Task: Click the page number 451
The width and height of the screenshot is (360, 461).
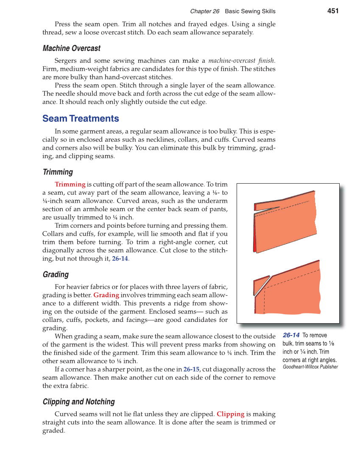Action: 333,11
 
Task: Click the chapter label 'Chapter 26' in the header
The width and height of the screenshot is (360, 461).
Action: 204,11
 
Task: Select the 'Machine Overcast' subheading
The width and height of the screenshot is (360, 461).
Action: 72,48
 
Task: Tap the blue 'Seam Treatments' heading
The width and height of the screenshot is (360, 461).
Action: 81,118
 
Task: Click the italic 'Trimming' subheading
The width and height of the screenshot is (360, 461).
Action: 58,172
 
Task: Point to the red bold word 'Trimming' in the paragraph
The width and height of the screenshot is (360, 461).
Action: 70,184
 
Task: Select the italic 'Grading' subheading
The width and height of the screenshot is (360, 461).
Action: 56,274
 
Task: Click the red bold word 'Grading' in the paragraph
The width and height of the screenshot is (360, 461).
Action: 106,295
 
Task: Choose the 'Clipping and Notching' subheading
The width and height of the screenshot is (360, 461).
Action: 79,402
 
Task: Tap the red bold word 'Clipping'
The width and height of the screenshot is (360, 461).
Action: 230,414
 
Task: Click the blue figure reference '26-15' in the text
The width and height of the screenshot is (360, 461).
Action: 191,369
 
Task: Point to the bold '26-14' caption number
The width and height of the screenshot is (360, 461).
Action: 291,335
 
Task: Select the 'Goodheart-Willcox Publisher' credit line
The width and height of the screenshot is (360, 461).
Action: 310,367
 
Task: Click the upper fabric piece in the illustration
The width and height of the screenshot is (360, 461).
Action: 288,225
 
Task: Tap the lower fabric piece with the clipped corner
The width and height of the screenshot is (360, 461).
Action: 293,293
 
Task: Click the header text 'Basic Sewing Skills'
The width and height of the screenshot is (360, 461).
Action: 250,11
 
